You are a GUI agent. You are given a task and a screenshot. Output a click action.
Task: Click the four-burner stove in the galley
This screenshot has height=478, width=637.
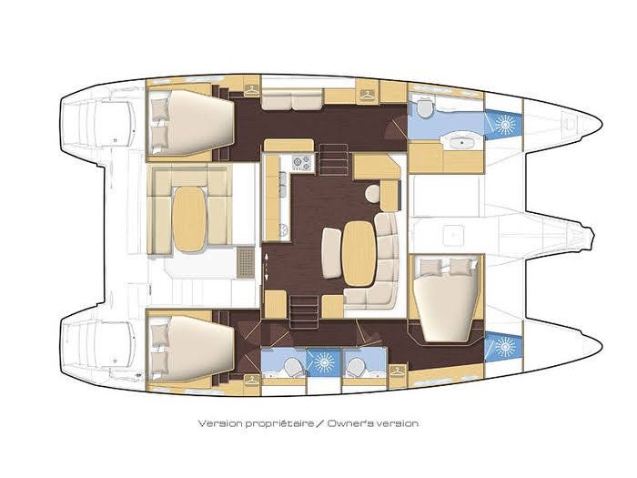point(303,163)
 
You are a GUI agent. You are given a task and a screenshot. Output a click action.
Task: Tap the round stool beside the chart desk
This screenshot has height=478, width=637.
point(372,193)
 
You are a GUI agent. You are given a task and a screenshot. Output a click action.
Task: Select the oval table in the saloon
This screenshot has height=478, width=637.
point(359,253)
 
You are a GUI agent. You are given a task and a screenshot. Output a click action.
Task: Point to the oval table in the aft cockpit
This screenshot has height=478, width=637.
point(189,219)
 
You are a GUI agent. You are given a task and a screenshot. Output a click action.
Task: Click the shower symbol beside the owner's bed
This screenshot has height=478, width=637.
point(504,346)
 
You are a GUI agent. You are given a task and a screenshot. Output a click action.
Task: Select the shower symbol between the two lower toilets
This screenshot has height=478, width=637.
point(324,361)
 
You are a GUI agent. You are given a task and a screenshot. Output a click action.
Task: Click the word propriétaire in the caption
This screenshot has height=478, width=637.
point(280,423)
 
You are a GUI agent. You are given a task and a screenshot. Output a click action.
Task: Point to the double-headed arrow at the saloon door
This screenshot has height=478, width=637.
point(267,266)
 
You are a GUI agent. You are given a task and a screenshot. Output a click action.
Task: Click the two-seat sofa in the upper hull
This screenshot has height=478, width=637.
point(292,100)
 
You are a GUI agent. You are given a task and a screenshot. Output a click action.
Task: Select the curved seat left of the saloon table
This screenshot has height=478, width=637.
point(331,253)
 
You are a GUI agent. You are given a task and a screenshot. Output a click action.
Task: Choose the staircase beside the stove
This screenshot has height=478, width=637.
point(334,159)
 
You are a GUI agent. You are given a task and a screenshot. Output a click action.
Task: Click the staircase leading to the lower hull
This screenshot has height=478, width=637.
point(305,312)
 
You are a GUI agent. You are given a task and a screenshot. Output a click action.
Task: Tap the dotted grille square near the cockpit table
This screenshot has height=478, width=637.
point(246,262)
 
